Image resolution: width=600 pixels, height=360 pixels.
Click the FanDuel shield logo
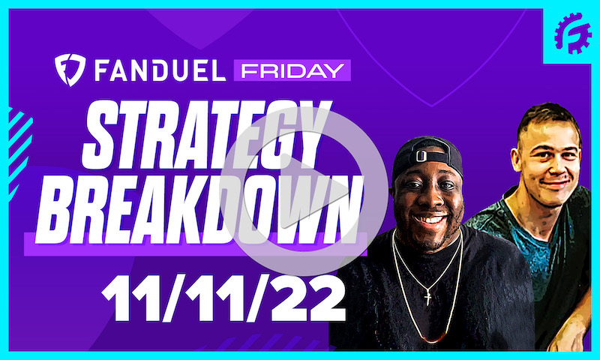[69, 70]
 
